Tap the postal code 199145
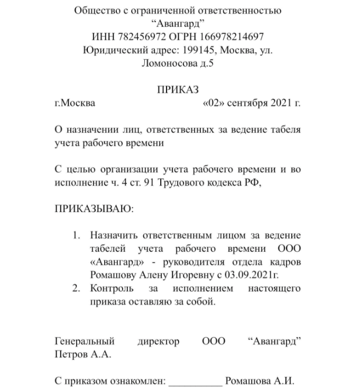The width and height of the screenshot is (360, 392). click(x=198, y=50)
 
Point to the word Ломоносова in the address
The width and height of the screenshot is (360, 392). click(x=167, y=63)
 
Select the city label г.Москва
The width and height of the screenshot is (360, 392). click(x=75, y=103)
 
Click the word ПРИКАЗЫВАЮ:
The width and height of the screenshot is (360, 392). click(x=95, y=208)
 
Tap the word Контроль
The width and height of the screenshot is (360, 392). click(x=110, y=289)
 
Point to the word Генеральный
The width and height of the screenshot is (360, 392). click(x=85, y=342)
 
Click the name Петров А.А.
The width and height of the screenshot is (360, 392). click(x=83, y=354)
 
